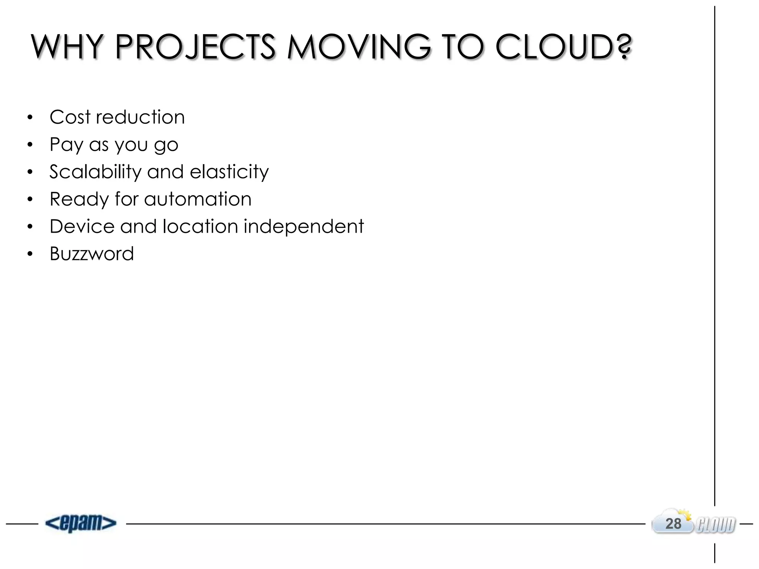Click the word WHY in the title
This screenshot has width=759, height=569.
coord(67,47)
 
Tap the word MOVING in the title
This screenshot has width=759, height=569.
coord(359,47)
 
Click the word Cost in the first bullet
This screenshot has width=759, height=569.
coord(70,117)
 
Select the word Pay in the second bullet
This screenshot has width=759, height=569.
coord(66,144)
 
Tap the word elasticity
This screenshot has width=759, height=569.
coord(229,172)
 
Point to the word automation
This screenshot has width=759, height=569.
coord(198,199)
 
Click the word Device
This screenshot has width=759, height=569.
coord(82,226)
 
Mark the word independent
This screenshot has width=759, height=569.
coord(304,226)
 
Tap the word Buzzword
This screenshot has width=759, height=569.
coord(92,254)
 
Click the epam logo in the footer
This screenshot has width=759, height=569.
coord(81,523)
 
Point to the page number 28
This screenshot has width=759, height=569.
coord(673,524)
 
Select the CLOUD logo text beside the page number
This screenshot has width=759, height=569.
coord(716,525)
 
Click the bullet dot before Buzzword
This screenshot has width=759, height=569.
coord(30,254)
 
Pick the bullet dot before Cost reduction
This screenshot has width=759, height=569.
coord(30,117)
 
